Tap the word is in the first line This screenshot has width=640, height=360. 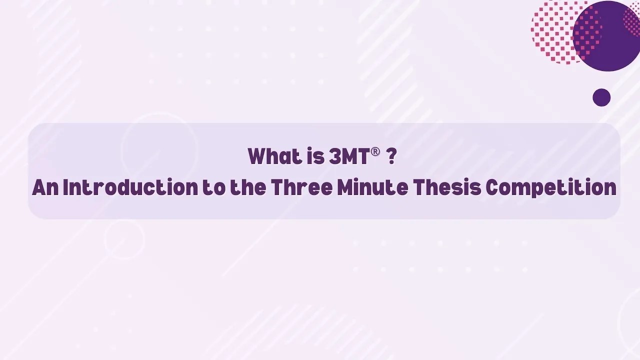pos(316,157)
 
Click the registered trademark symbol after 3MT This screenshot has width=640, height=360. pos(375,152)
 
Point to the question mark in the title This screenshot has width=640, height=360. pos(391,157)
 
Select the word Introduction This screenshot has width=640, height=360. pos(130,188)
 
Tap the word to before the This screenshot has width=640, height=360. pos(213,188)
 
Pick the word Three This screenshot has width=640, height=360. pos(301,188)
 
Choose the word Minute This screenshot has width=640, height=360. pos(372,188)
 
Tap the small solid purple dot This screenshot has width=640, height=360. pos(601,97)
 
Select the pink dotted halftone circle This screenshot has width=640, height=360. pos(552,32)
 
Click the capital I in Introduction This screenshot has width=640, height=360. pos(65,188)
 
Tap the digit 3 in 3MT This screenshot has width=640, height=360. pos(334,157)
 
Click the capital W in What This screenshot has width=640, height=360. pos(257,157)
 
